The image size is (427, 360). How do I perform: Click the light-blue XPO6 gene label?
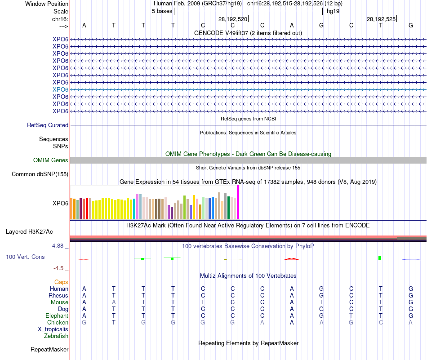click(60, 89)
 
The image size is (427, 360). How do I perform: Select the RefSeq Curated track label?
click(48, 125)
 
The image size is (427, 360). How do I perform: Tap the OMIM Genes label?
click(51, 160)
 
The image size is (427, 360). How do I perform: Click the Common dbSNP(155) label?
click(40, 174)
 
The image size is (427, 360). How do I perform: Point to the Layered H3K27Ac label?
click(29, 232)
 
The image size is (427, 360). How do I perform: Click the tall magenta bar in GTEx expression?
click(238, 202)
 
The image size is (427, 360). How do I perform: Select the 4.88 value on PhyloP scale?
click(58, 246)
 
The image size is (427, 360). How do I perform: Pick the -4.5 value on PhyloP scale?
click(59, 268)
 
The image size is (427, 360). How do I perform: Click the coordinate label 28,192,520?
click(233, 19)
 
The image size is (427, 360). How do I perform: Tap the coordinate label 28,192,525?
click(381, 19)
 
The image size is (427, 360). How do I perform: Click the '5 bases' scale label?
click(162, 11)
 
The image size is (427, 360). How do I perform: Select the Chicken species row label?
click(58, 323)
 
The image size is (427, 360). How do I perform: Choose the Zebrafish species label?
click(56, 336)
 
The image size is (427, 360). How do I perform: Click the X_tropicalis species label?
click(53, 329)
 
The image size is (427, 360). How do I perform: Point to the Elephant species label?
click(57, 316)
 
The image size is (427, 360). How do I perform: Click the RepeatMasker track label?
click(49, 349)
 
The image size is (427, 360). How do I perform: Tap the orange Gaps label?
click(61, 282)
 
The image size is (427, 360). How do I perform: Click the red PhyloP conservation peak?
click(291, 259)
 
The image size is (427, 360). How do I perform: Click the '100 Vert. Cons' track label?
click(25, 257)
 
